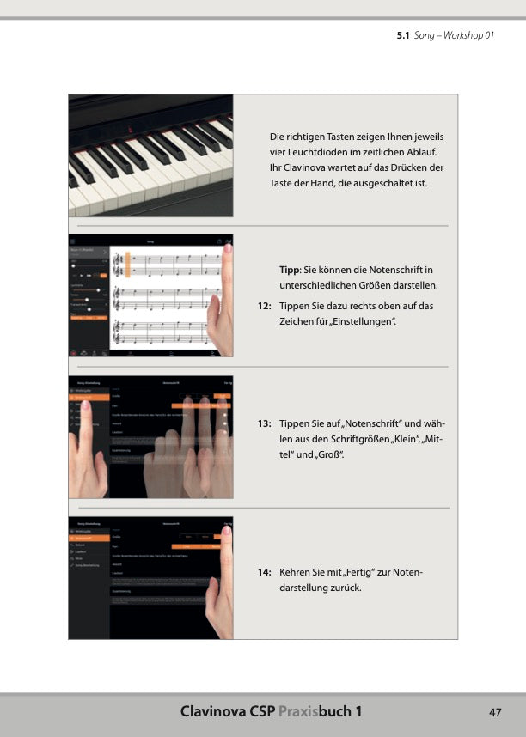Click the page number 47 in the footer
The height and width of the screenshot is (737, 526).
pyautogui.click(x=495, y=712)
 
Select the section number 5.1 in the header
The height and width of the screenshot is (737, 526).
pyautogui.click(x=403, y=37)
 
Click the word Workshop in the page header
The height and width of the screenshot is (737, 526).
pyautogui.click(x=465, y=37)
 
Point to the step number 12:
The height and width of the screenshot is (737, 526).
pyautogui.click(x=265, y=306)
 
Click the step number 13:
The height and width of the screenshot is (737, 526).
pyautogui.click(x=265, y=423)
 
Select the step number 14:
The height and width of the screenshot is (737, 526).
pyautogui.click(x=265, y=572)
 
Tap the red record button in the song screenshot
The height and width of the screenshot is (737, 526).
pyautogui.click(x=74, y=351)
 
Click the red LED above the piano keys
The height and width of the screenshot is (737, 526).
pyautogui.click(x=130, y=129)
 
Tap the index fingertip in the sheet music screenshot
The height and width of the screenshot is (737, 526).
pyautogui.click(x=228, y=252)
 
